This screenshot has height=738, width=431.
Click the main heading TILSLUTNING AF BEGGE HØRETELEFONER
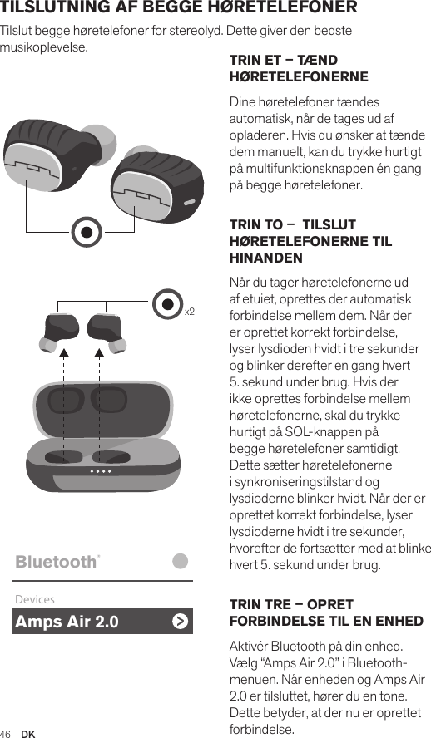(179, 8)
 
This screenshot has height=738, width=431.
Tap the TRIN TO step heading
(310, 242)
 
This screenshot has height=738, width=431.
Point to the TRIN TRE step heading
(325, 613)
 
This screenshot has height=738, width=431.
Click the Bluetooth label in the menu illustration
(56, 562)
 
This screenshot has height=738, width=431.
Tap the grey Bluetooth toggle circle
(181, 561)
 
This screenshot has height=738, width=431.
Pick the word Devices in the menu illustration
(35, 599)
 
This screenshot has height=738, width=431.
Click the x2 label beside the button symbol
(190, 312)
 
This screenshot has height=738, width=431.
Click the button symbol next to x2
(169, 305)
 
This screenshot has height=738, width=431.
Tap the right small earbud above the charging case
(103, 332)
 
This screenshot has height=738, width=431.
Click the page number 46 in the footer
(6, 733)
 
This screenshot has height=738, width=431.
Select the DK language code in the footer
(28, 733)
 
